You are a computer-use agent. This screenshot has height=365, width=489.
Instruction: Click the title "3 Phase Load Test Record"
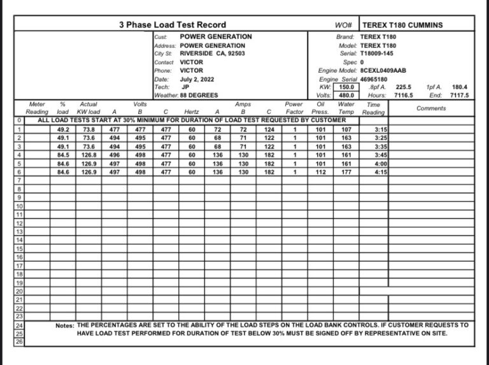pyautogui.click(x=172, y=25)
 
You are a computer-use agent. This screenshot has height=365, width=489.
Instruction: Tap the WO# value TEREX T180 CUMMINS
pyautogui.click(x=402, y=25)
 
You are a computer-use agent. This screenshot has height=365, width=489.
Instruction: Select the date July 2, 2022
pyautogui.click(x=197, y=79)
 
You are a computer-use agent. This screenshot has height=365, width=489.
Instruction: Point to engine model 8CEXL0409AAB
pyautogui.click(x=383, y=71)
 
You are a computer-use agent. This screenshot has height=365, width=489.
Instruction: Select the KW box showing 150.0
pyautogui.click(x=346, y=87)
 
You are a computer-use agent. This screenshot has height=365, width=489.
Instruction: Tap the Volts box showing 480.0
pyautogui.click(x=346, y=96)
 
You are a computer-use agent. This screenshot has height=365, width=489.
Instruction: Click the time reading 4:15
pyautogui.click(x=381, y=172)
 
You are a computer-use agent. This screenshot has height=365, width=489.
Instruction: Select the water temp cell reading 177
pyautogui.click(x=346, y=172)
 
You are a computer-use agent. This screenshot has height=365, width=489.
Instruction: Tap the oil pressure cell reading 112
pyautogui.click(x=321, y=172)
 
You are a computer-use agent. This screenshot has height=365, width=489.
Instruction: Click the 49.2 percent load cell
pyautogui.click(x=62, y=129)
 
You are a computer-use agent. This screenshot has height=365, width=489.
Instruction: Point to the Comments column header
pyautogui.click(x=431, y=108)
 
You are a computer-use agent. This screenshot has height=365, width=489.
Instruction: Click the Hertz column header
pyautogui.click(x=192, y=112)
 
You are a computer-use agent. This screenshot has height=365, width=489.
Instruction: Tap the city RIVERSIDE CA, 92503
pyautogui.click(x=212, y=54)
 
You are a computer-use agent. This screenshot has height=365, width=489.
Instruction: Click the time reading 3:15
pyautogui.click(x=381, y=129)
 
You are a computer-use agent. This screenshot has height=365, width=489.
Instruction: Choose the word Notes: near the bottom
pyautogui.click(x=65, y=325)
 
